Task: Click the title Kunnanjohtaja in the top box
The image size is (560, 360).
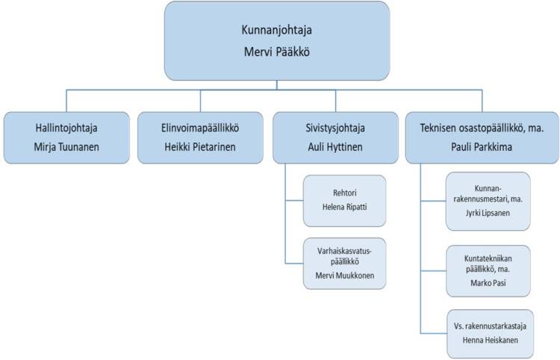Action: (x=276, y=30)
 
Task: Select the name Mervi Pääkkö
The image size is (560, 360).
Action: (x=276, y=52)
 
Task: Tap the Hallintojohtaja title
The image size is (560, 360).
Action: (x=66, y=128)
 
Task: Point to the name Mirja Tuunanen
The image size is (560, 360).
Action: (x=66, y=147)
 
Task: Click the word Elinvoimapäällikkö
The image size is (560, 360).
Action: (x=200, y=128)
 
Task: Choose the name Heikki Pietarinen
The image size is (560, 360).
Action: (x=200, y=147)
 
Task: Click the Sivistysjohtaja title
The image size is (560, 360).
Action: (x=335, y=128)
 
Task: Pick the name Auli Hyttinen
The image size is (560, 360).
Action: (x=335, y=147)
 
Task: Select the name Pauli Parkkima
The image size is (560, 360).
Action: (x=482, y=147)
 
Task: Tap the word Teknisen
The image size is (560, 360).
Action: (x=437, y=128)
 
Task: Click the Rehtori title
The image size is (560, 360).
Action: (x=345, y=193)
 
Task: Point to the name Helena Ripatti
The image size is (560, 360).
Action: (x=345, y=207)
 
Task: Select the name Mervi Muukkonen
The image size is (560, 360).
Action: (x=345, y=276)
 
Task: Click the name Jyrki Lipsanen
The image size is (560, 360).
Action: (x=488, y=213)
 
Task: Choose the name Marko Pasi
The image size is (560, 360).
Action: (x=488, y=283)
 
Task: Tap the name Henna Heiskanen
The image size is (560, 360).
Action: (x=490, y=340)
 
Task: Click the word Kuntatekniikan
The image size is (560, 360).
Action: (x=488, y=258)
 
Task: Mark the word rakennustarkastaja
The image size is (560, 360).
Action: (x=495, y=326)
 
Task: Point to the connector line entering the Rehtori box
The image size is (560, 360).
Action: (x=294, y=200)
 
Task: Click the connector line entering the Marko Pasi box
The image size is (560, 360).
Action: (x=434, y=270)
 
